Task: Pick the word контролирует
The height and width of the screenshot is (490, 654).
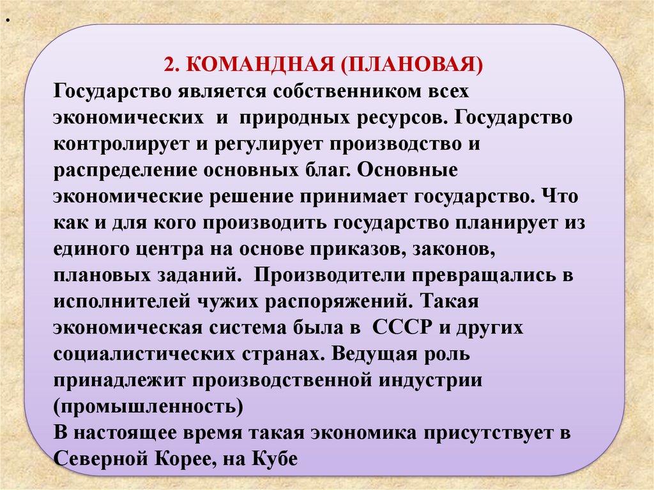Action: point(122,144)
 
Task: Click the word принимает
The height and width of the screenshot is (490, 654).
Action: point(353,197)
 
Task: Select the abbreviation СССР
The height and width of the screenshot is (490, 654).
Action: point(400,328)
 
